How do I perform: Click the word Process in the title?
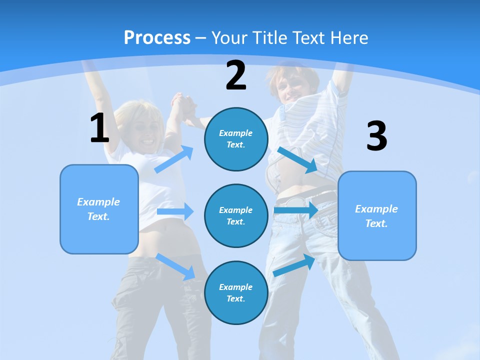pyautogui.click(x=157, y=37)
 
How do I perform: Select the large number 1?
pyautogui.click(x=99, y=128)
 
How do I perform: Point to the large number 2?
pyautogui.click(x=236, y=75)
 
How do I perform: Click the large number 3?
pyautogui.click(x=376, y=136)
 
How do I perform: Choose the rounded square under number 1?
pyautogui.click(x=99, y=209)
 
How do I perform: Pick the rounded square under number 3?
pyautogui.click(x=377, y=215)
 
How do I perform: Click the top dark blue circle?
pyautogui.click(x=236, y=139)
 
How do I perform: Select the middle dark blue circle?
pyautogui.click(x=236, y=215)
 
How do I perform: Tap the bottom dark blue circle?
pyautogui.click(x=236, y=292)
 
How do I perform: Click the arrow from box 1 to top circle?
pyautogui.click(x=174, y=159)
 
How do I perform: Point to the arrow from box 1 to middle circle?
pyautogui.click(x=175, y=211)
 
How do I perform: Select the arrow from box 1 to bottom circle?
pyautogui.click(x=175, y=266)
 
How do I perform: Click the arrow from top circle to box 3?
pyautogui.click(x=298, y=160)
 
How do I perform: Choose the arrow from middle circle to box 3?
pyautogui.click(x=296, y=210)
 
